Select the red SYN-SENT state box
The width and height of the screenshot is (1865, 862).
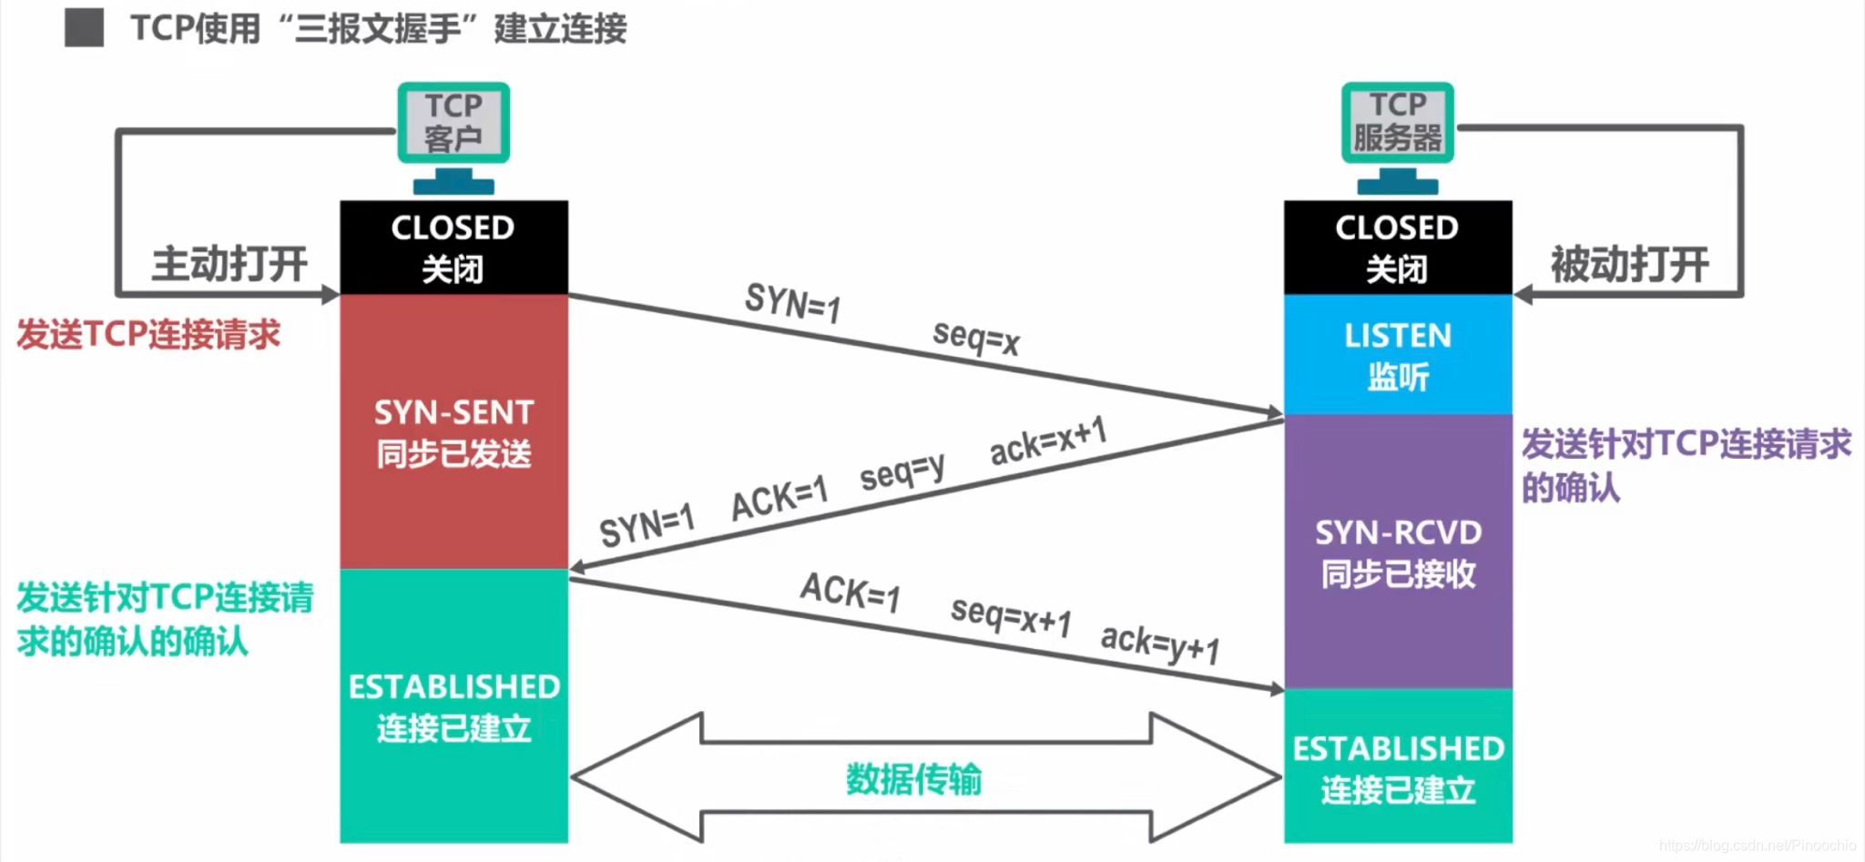coord(454,431)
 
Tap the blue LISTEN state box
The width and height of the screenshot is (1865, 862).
coord(1398,355)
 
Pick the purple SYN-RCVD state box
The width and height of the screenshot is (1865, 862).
coord(1398,552)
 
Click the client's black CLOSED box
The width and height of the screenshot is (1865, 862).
coord(454,248)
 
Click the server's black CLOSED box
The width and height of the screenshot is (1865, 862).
coord(1398,248)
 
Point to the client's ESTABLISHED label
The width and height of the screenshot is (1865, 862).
coord(454,687)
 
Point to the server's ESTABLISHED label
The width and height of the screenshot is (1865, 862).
coord(1398,749)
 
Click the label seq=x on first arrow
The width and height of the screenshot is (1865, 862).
coord(975,338)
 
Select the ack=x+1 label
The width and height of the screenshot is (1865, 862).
coord(1048,441)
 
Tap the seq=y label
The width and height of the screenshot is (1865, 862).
coord(902,472)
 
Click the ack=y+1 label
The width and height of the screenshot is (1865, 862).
coord(1159,644)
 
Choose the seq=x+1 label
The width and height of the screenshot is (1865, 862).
coord(1010,615)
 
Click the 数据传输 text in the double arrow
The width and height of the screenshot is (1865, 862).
coord(913,779)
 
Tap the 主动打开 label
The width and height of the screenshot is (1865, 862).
coord(229,265)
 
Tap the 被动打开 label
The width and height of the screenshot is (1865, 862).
coord(1629,265)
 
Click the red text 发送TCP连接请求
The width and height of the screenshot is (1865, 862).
coord(148,334)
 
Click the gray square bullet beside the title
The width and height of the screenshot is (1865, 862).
coord(84,28)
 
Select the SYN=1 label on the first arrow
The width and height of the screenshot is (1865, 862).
coord(792,302)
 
